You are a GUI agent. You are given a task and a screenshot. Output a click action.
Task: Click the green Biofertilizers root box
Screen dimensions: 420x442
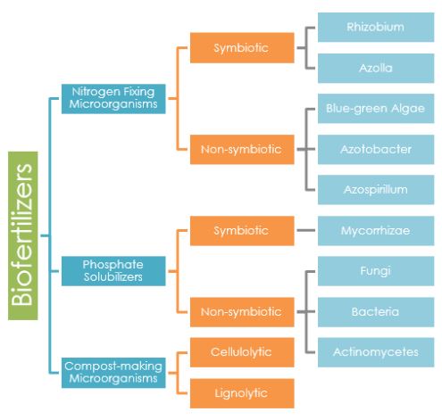coord(24,235)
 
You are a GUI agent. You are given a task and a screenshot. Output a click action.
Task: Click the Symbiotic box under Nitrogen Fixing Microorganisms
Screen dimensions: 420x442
coord(241,47)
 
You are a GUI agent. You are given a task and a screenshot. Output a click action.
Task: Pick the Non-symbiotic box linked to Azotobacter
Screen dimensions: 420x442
coord(241,149)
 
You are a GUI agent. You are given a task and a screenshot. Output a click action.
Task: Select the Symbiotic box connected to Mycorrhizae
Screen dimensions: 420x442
coord(241,231)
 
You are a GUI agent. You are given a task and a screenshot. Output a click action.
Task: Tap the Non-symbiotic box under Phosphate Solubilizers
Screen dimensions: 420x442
coord(241,311)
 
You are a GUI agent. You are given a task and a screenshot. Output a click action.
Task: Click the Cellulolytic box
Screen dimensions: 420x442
coord(241,351)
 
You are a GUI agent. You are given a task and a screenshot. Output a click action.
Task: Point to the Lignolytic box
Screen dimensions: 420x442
coord(241,392)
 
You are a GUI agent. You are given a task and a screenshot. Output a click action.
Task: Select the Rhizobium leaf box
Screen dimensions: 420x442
coord(375,27)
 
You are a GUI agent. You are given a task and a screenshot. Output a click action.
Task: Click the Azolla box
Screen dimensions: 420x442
coord(375,68)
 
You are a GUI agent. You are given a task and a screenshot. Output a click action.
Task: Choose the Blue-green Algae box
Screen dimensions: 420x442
coord(375,109)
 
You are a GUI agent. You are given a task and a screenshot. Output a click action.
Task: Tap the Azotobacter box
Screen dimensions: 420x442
coord(375,149)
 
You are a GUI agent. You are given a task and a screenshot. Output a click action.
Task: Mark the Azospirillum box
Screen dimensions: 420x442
coord(375,190)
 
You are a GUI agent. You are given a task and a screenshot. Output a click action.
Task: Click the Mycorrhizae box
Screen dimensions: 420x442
coord(375,231)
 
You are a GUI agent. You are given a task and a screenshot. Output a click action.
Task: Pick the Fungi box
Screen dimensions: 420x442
coord(375,271)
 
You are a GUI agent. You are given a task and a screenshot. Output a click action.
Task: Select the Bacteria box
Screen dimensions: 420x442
coord(375,311)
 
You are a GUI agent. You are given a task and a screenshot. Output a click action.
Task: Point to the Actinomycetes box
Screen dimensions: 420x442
coord(375,351)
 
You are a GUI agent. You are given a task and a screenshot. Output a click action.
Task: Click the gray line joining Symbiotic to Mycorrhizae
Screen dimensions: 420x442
coord(305,231)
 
